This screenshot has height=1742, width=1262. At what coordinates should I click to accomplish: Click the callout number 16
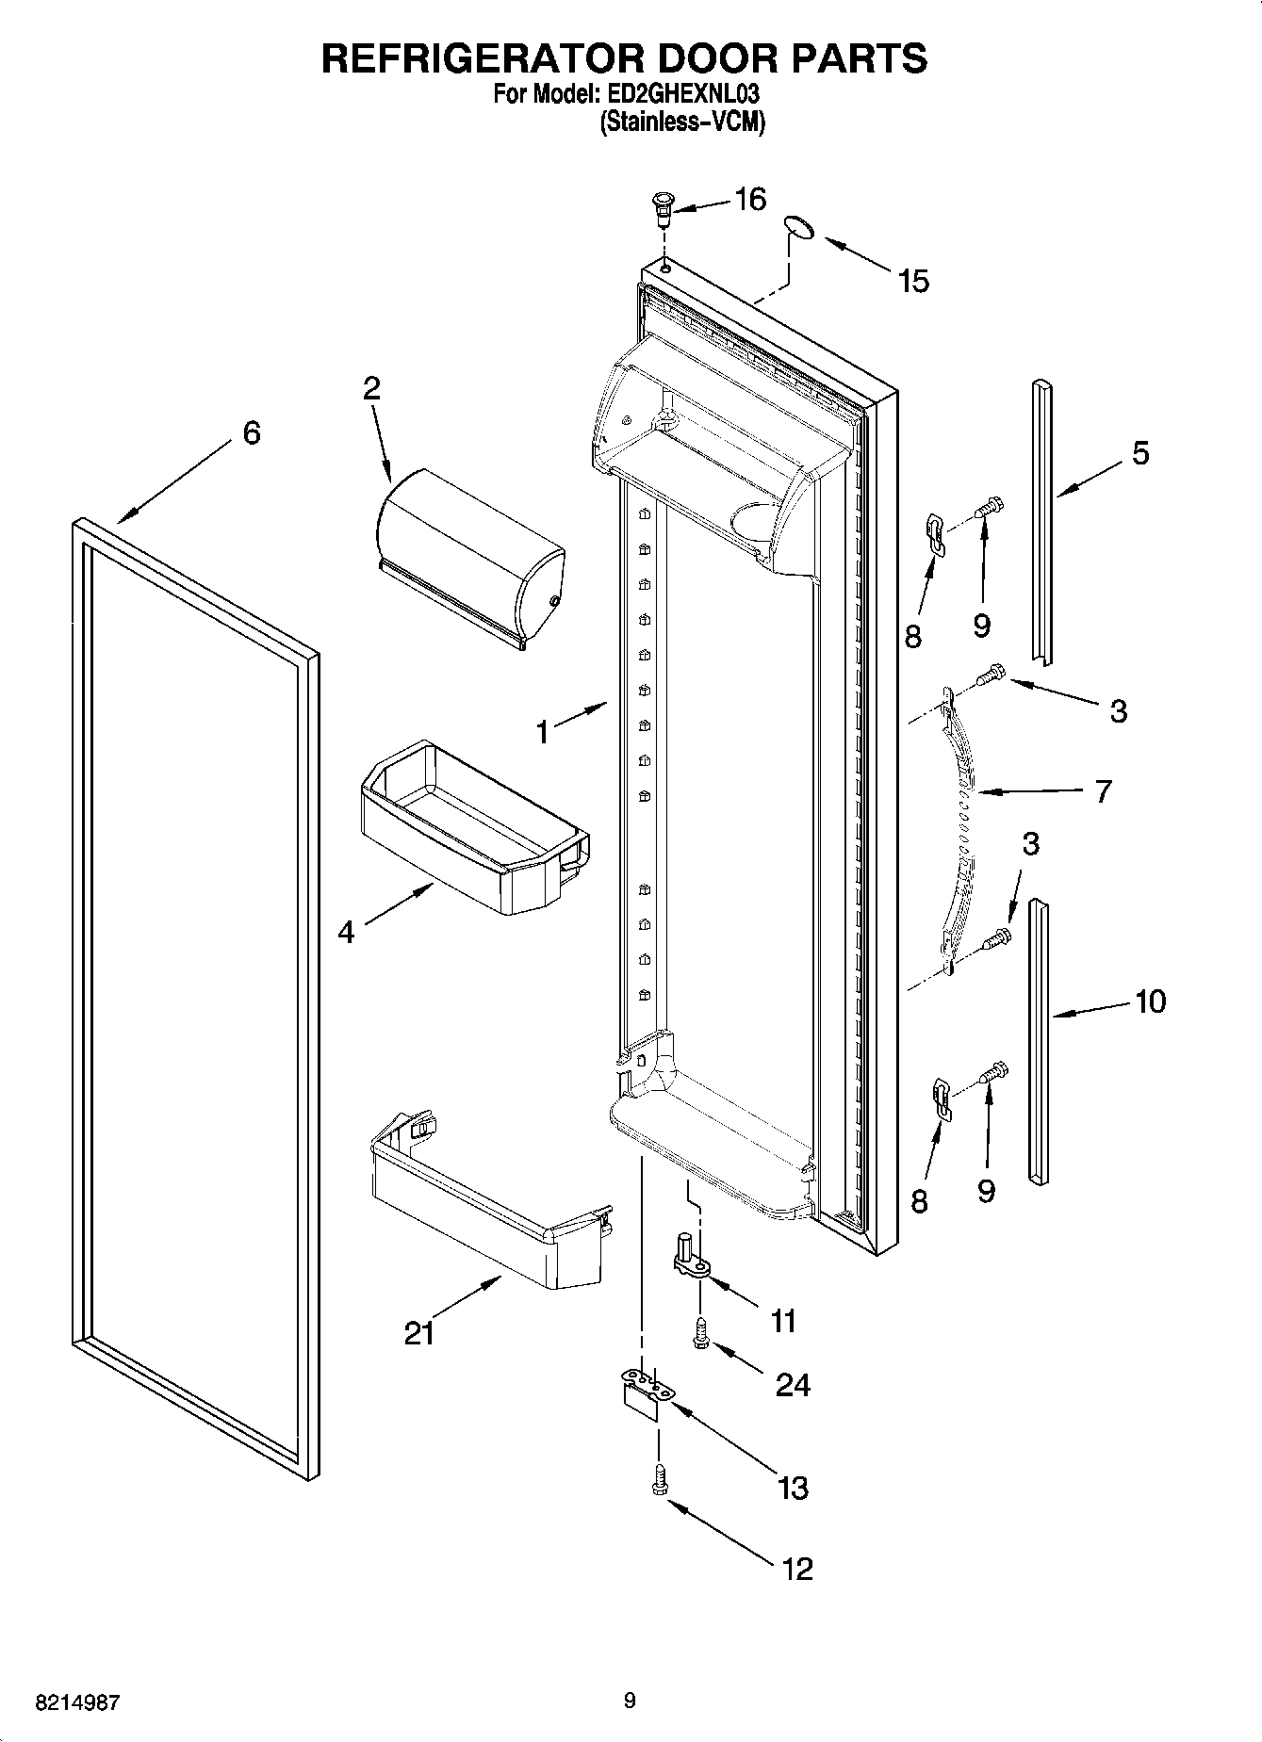coord(750,200)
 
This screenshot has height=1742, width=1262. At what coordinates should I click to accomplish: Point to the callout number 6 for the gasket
coord(251,433)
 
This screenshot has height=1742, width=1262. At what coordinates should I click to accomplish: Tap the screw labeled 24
coord(700,1330)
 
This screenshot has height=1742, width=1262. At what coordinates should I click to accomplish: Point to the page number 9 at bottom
coord(630,1701)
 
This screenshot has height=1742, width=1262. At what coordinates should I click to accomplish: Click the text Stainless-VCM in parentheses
coord(682,122)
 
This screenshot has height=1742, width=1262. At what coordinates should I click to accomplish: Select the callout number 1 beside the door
coord(543,730)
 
